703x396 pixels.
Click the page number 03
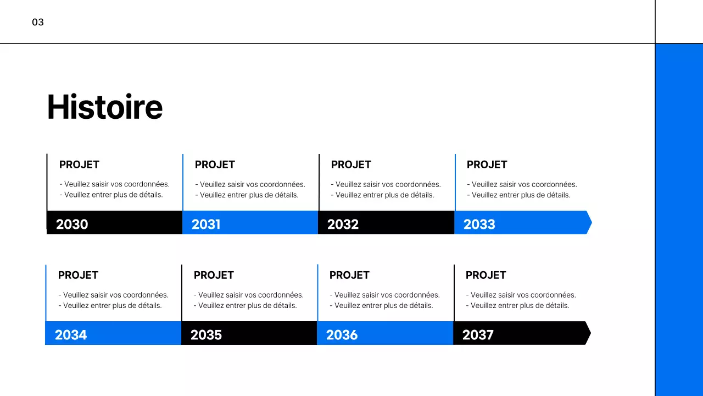tap(38, 23)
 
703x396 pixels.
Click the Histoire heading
tap(105, 107)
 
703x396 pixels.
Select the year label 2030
tap(72, 224)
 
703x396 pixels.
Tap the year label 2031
tap(206, 224)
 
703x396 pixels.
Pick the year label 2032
tap(343, 224)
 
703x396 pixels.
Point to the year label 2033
tap(479, 224)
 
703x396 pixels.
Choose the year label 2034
tap(71, 335)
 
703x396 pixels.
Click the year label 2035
tap(206, 335)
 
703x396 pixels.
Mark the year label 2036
tap(342, 335)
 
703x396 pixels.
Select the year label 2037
tap(478, 335)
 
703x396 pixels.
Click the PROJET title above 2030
tap(79, 164)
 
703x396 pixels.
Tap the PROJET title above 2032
tap(351, 164)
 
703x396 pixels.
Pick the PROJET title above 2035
tap(214, 275)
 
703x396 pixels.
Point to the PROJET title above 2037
tap(486, 275)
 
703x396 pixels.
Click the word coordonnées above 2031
tap(282, 185)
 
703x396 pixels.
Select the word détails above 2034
tap(149, 306)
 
